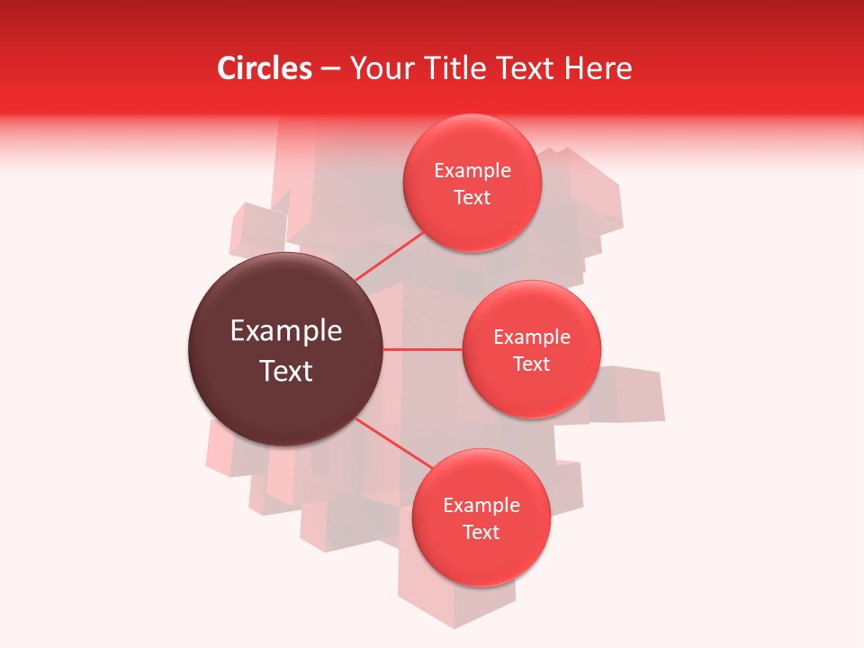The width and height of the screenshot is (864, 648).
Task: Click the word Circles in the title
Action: coord(264,68)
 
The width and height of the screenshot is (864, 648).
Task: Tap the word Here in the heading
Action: coord(598,68)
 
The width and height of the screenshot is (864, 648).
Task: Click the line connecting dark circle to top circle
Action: coord(389,256)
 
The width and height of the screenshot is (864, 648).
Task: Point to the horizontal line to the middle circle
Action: coord(422,349)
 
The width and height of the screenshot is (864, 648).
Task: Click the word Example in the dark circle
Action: coord(286,331)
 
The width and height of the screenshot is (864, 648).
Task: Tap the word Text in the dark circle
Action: coord(286,371)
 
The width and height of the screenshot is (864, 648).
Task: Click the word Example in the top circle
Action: coord(472,171)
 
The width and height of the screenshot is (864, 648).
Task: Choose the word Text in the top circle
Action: coord(472,198)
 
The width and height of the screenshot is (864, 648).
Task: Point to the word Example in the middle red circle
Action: coord(532,337)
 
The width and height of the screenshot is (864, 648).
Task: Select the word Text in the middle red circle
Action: coord(531,364)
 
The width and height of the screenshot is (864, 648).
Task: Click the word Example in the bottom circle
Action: coord(481,506)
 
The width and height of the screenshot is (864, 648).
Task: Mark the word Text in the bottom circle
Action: coord(481,533)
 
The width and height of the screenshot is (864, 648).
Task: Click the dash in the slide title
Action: coord(330,69)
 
